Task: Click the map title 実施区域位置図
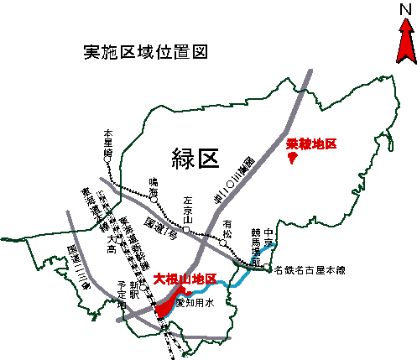tap(145, 53)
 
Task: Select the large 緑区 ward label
tap(195, 156)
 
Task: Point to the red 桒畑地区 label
tap(311, 144)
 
